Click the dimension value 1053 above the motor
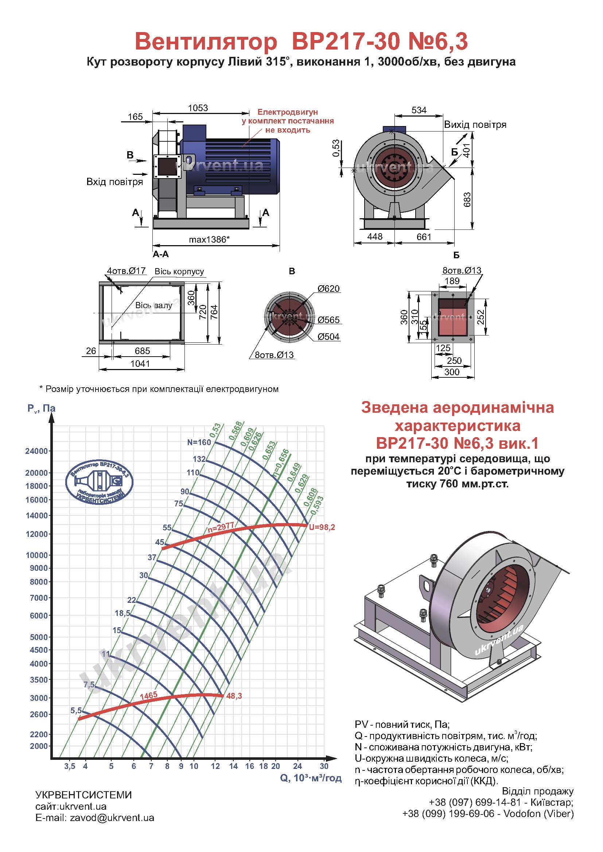point(198,108)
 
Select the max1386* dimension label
point(209,240)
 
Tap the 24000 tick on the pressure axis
point(36,451)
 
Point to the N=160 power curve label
point(199,442)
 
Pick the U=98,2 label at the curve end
point(322,527)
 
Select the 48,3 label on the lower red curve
point(234,696)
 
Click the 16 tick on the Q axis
point(249,766)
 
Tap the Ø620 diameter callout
point(328,289)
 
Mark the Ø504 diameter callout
point(328,337)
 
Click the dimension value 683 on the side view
point(467,200)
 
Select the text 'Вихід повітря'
point(475,125)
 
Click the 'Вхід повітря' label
point(114,182)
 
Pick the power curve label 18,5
point(122,613)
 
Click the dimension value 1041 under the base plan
point(140,364)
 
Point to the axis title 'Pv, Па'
point(41,409)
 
